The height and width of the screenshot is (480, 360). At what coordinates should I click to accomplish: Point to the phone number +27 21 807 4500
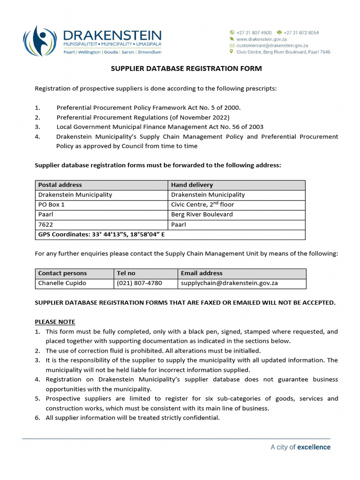[x=254, y=33]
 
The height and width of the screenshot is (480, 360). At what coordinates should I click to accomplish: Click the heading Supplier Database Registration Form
[x=186, y=68]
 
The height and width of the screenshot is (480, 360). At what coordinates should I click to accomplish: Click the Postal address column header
[x=60, y=185]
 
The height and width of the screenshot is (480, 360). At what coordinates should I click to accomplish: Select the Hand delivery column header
[x=192, y=185]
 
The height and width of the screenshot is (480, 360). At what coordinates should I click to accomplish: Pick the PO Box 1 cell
[x=52, y=205]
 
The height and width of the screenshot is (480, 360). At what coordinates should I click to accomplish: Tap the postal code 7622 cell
[x=45, y=225]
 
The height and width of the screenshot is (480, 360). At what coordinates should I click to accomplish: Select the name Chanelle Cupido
[x=62, y=283]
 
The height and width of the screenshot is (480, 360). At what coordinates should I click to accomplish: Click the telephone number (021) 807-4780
[x=139, y=283]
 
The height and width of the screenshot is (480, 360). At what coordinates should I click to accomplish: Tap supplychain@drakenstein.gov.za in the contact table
[x=229, y=283]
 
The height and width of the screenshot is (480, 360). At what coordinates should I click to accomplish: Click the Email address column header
[x=202, y=273]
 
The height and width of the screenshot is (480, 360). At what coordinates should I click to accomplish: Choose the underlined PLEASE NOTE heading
[x=55, y=322]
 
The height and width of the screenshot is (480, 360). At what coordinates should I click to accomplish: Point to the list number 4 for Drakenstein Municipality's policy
[x=37, y=137]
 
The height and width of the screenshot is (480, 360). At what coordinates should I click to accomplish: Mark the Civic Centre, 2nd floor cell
[x=202, y=205]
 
